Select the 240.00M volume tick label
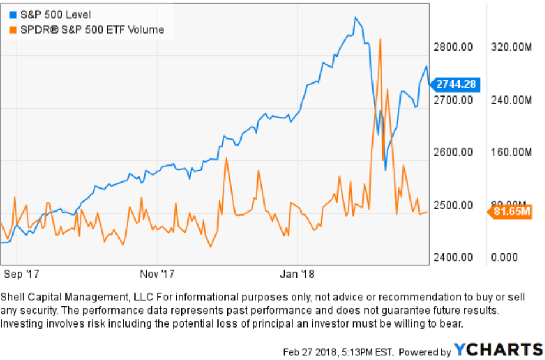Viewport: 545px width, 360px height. pos(511,100)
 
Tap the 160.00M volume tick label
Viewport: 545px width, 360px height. pos(511,152)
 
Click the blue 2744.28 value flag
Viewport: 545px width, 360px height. pos(455,84)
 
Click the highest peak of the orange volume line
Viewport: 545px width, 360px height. pos(381,39)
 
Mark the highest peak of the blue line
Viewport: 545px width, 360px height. pos(355,17)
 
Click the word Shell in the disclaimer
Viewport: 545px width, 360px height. pos(12,297)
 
